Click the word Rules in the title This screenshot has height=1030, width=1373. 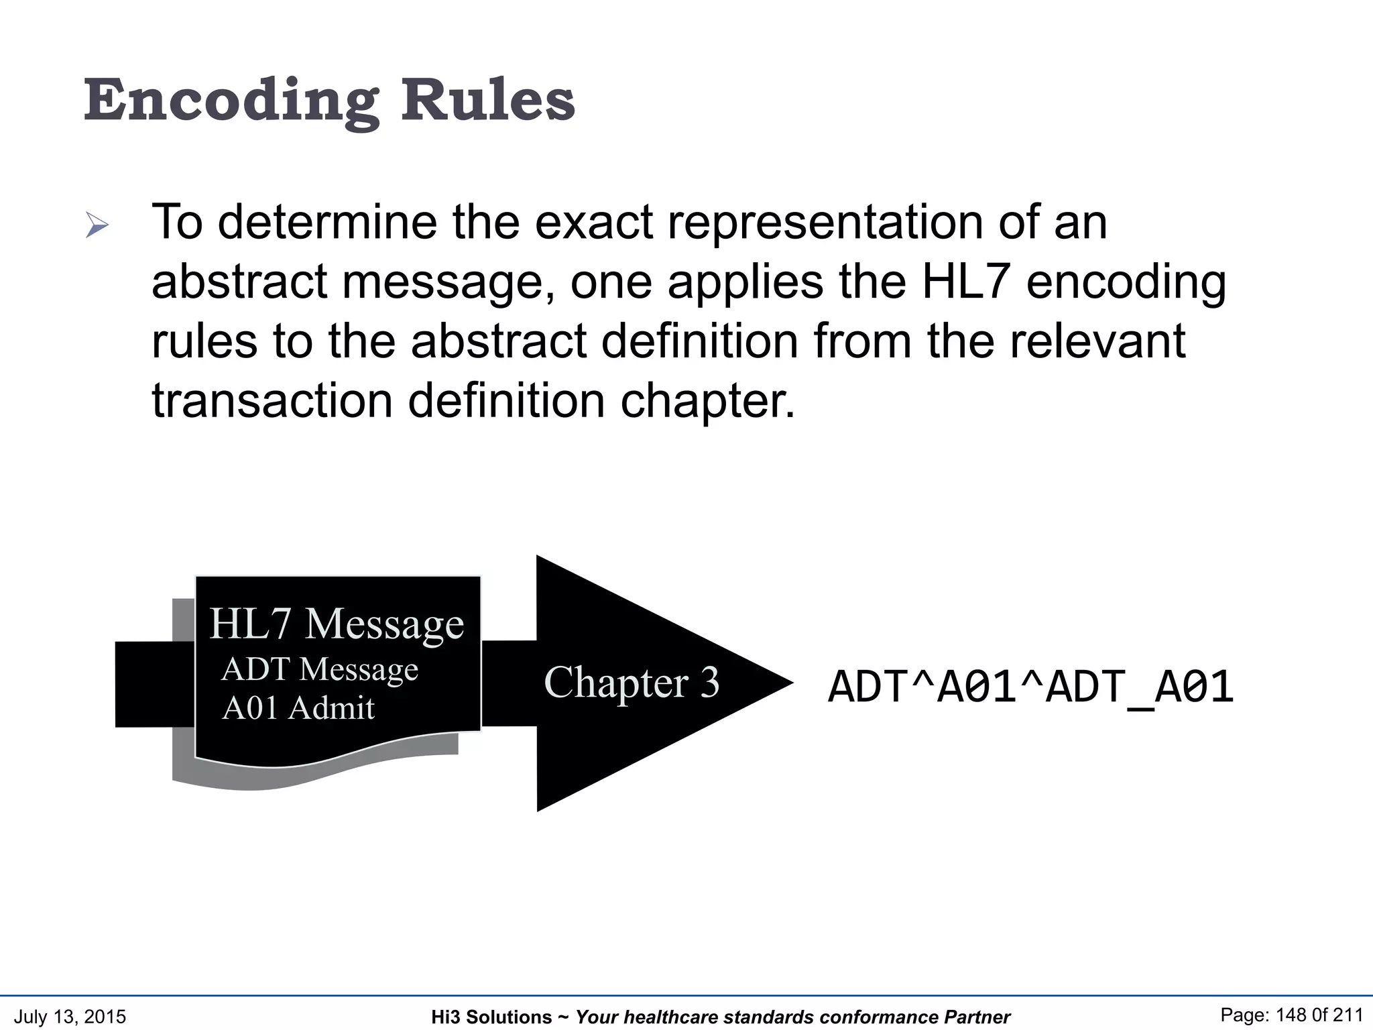pos(487,101)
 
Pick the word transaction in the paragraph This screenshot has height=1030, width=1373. pos(272,401)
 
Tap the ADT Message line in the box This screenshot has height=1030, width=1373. pos(320,669)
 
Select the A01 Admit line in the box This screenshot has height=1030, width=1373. pos(298,708)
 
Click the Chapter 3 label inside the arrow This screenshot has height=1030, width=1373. pos(632,683)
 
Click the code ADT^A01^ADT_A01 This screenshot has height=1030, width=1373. pos(1030,688)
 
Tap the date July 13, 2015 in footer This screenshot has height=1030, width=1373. pos(70,1017)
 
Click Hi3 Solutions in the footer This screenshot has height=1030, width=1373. pos(491,1017)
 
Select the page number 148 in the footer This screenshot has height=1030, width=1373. pos(1291,1015)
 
